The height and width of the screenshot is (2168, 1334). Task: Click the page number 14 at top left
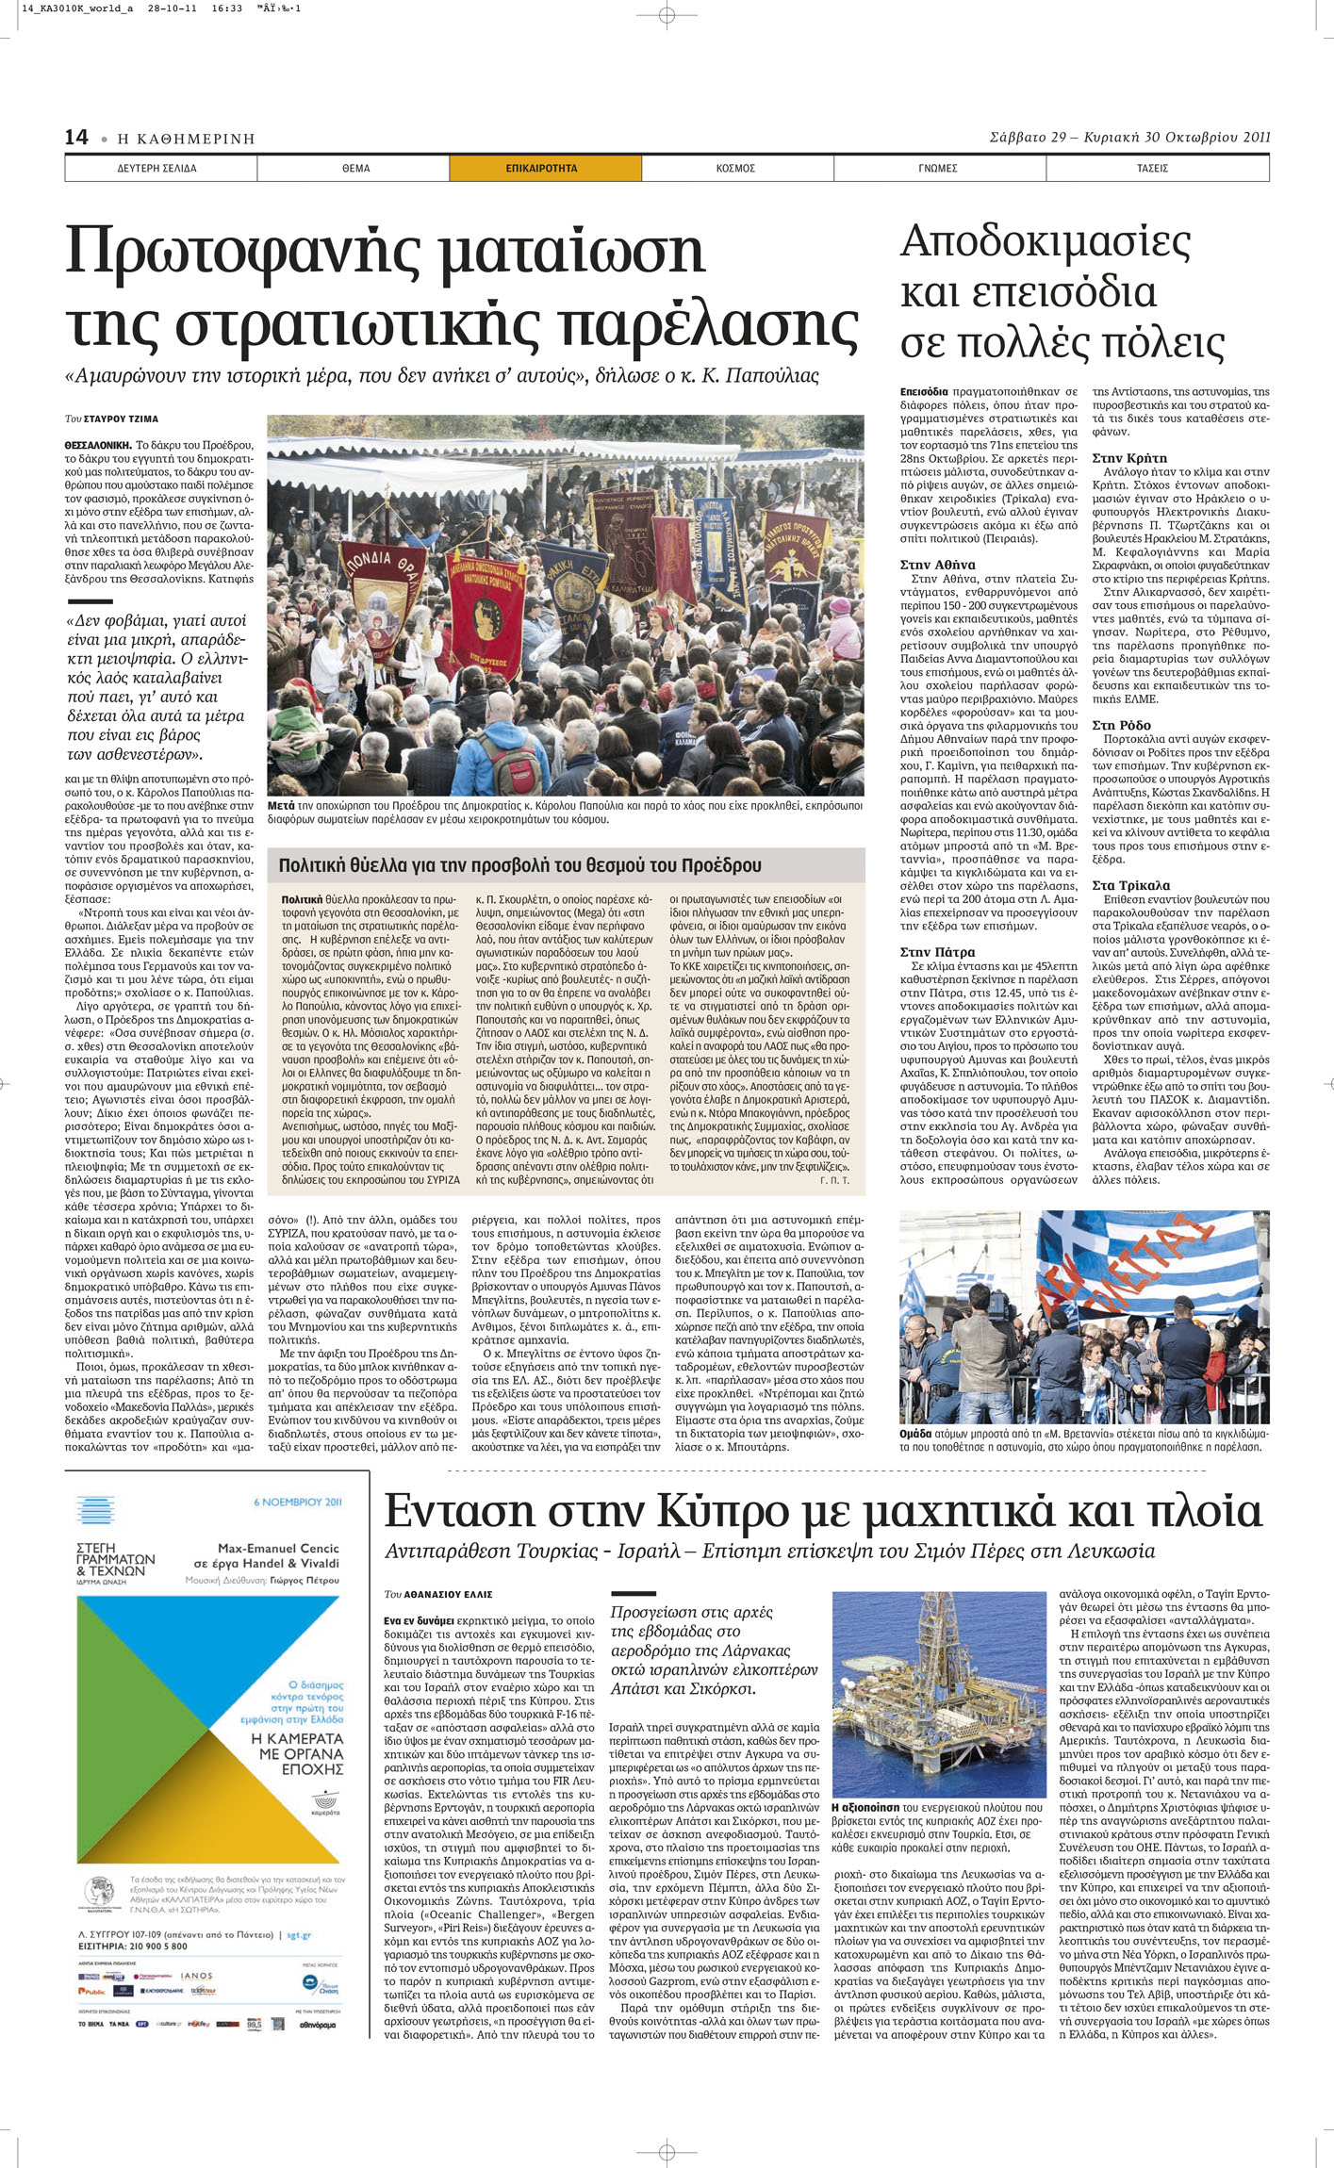click(x=76, y=138)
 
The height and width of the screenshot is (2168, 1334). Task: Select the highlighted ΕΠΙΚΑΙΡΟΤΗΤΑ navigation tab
click(x=541, y=169)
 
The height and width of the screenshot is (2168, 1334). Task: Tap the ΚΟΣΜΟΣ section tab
click(x=735, y=169)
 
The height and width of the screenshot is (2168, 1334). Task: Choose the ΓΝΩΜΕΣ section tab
click(x=937, y=169)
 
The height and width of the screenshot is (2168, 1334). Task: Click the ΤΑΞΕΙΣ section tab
click(x=1152, y=169)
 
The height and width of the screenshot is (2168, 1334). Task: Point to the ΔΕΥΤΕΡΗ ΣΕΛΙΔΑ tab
click(x=156, y=169)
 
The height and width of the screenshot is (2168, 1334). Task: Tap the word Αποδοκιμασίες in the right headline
click(x=1046, y=242)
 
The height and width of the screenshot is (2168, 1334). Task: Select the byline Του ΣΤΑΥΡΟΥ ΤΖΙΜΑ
click(x=111, y=419)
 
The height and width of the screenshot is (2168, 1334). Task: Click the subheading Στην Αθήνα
click(x=937, y=565)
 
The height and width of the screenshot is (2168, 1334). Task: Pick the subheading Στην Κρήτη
click(x=1129, y=458)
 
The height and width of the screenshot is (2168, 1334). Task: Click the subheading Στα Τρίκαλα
click(x=1130, y=885)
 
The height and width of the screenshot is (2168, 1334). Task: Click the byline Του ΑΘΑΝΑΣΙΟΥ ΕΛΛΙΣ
click(x=438, y=1594)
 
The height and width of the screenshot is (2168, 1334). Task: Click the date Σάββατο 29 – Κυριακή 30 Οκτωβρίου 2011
click(x=1129, y=137)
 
